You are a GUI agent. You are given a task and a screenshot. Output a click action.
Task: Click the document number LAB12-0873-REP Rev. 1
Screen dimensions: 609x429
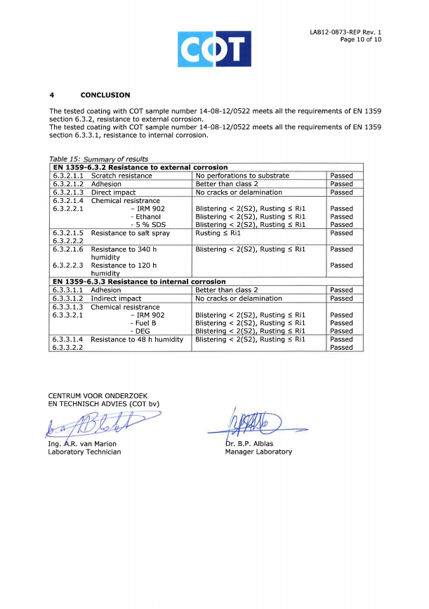(345, 32)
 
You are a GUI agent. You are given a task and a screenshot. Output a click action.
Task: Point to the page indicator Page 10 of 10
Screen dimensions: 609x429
(360, 39)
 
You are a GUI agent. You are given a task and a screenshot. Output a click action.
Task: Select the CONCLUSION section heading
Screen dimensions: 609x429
(105, 95)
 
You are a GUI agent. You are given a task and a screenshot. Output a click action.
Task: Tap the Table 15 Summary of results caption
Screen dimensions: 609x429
(98, 158)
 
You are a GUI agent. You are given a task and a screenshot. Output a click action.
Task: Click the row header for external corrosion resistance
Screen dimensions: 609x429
(139, 167)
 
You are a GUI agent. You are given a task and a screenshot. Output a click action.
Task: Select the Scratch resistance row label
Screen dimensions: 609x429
(121, 176)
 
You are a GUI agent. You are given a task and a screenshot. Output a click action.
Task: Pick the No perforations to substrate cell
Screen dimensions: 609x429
(242, 176)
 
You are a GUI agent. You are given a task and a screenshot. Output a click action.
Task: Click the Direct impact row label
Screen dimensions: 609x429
(113, 192)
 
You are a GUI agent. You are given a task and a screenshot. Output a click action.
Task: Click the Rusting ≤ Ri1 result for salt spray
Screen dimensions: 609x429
(218, 233)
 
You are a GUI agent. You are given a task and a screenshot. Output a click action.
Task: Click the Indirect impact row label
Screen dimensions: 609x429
(117, 298)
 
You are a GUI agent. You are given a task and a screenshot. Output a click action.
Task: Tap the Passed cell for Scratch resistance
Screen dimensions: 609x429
(342, 176)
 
